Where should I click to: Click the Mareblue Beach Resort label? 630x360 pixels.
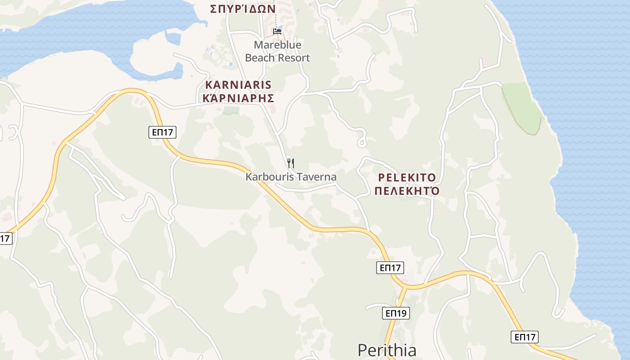(x=277, y=51)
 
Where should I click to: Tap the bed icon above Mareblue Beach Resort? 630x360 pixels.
(x=277, y=31)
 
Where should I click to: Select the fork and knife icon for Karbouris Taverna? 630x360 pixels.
(x=291, y=163)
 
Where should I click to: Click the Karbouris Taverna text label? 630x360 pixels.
(x=291, y=177)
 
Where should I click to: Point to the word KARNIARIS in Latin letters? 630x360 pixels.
(x=238, y=85)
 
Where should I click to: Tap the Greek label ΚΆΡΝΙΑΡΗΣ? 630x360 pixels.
(x=238, y=98)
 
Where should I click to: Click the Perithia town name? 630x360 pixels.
(x=387, y=350)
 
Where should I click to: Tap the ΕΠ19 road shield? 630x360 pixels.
(x=396, y=313)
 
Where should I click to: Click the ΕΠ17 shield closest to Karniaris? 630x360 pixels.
(x=162, y=132)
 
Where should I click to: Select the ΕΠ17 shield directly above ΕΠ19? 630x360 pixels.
(x=390, y=268)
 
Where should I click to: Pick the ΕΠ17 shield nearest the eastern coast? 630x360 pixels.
(x=525, y=337)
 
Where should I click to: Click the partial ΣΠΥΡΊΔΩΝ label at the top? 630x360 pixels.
(x=243, y=8)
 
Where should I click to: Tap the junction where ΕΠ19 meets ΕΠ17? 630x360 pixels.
(x=405, y=287)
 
